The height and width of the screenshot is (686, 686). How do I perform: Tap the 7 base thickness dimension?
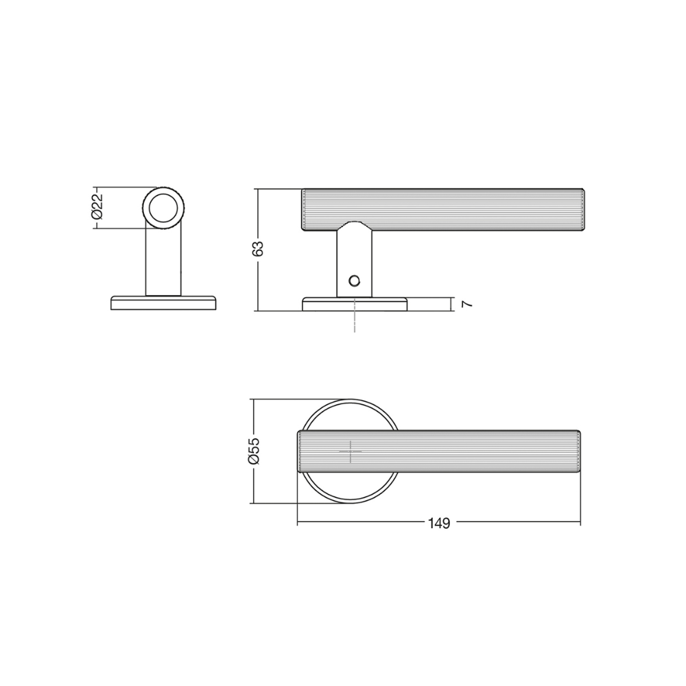point(467,304)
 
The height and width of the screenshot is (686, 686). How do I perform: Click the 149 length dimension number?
point(439,523)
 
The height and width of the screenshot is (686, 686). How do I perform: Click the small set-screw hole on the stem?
point(353,280)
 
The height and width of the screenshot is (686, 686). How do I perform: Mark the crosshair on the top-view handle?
point(351,451)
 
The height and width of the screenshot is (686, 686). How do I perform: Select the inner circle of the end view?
point(164,207)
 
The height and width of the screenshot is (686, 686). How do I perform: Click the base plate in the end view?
point(163,303)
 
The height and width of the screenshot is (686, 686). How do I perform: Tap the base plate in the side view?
point(355,304)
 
